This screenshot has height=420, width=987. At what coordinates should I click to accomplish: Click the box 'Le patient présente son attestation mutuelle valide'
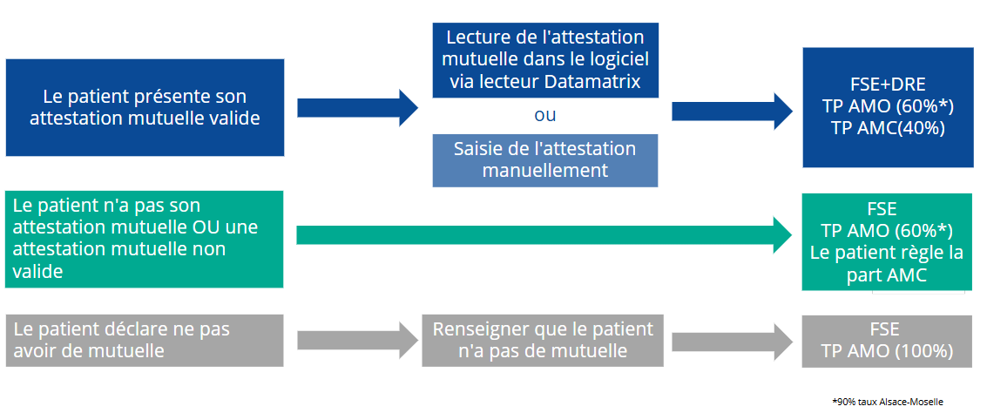tap(145, 108)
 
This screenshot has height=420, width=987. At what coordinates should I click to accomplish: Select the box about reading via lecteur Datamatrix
tap(545, 60)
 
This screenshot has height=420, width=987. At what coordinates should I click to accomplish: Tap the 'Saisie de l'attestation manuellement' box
tap(545, 160)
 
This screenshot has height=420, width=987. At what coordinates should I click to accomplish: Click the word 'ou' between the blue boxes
tap(545, 116)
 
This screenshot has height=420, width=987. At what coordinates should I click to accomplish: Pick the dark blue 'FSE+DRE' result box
tap(888, 108)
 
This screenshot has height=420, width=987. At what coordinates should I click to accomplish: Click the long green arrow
tap(544, 235)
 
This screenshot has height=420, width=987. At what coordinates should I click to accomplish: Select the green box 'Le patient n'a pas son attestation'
tap(145, 240)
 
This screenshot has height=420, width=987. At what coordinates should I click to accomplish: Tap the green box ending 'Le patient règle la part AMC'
tap(887, 241)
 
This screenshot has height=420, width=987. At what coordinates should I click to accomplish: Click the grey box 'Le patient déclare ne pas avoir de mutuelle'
tap(145, 341)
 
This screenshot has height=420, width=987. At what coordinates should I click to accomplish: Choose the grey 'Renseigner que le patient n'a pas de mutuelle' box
tap(543, 341)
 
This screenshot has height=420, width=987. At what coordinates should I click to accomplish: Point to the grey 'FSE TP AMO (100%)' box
tap(887, 341)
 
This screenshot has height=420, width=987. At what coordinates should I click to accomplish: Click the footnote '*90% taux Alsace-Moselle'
tap(888, 401)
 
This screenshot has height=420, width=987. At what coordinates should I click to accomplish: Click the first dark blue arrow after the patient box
tap(357, 108)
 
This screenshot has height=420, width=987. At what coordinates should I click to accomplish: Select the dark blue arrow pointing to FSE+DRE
tap(733, 111)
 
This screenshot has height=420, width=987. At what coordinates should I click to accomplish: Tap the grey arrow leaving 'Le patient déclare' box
tap(357, 341)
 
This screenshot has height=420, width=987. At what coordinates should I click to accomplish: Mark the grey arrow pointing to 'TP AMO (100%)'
tap(733, 341)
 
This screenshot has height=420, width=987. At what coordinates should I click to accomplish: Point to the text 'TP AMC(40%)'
tap(888, 128)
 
